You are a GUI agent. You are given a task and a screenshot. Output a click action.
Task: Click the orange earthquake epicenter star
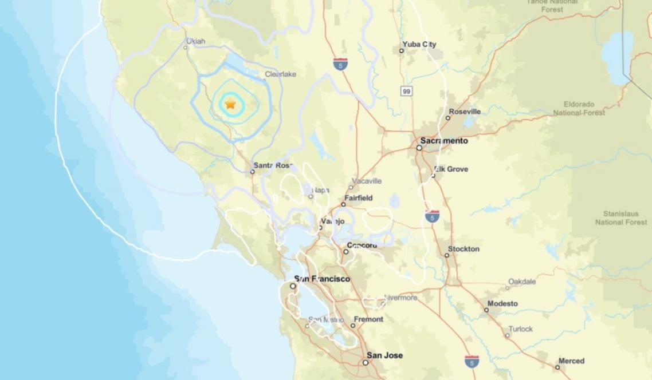[x=230, y=104]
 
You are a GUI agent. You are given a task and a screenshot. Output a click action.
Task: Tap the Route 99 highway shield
[x=406, y=91]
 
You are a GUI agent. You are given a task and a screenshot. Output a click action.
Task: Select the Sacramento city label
[x=444, y=141]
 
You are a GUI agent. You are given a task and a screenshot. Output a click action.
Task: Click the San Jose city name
[x=384, y=355]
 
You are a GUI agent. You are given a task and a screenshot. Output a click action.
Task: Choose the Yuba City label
[x=419, y=44]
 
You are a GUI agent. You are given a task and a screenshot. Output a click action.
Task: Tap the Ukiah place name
[x=195, y=41]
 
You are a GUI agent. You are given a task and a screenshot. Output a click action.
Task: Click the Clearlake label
[x=280, y=74]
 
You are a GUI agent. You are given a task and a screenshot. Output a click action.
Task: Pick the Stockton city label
[x=464, y=249]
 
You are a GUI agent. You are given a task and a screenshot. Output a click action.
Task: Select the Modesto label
[x=502, y=303]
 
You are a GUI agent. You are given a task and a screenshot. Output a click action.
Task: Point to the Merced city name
[x=571, y=361]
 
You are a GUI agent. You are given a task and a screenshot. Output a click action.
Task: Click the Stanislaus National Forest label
[x=620, y=217]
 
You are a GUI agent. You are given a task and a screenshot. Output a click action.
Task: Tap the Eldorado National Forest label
[x=579, y=109]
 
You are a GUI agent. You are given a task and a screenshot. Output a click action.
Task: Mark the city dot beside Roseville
[x=448, y=118]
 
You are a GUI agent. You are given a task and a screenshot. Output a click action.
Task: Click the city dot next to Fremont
[x=353, y=326]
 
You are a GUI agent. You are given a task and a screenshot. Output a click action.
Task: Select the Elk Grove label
[x=451, y=169]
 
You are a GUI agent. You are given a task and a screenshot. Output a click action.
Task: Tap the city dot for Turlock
[x=508, y=335]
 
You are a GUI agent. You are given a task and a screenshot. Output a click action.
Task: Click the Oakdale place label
[x=521, y=281]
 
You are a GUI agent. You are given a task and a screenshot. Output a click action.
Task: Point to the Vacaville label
[x=367, y=181]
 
